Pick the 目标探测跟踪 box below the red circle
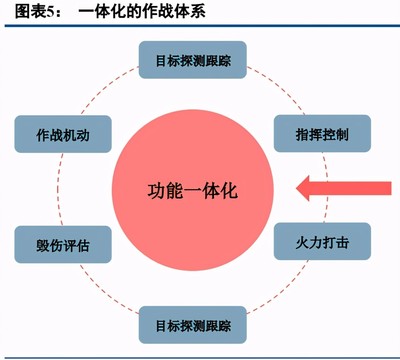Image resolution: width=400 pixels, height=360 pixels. coord(200,326)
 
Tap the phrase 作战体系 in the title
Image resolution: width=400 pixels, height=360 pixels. coord(179,11)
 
